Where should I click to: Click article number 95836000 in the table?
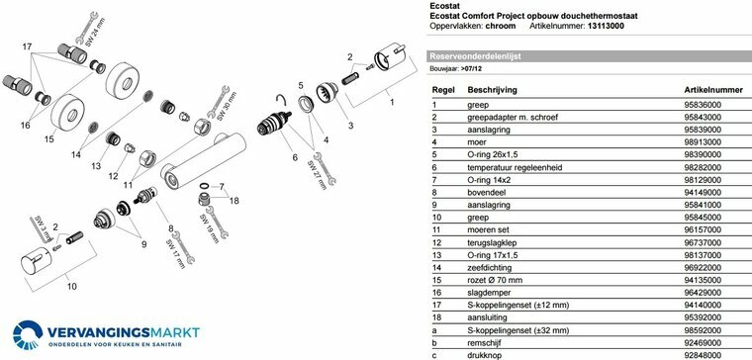[703, 105]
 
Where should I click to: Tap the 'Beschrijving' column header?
[492, 90]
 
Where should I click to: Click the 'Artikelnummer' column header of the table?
[713, 90]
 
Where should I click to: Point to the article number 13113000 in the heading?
[606, 26]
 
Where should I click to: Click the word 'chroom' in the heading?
[501, 26]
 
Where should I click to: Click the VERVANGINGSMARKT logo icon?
[28, 334]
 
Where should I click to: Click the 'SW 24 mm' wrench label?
[95, 32]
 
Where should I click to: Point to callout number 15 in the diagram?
[48, 139]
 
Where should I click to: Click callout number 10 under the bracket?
[71, 287]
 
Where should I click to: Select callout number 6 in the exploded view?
[295, 157]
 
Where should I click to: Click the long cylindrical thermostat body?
[204, 161]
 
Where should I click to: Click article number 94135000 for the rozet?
[703, 280]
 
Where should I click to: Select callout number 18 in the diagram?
[234, 201]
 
